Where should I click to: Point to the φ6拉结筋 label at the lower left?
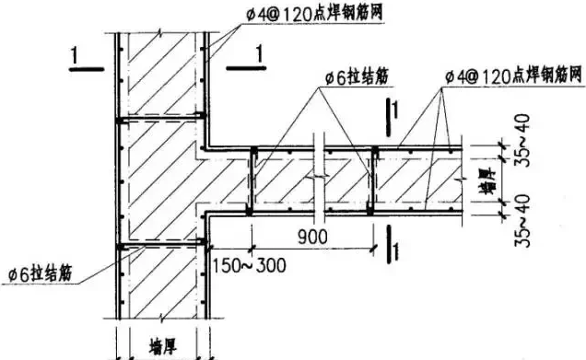coord(41,274)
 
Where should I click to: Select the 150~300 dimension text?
coord(250,267)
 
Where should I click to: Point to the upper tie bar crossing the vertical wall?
coord(160,119)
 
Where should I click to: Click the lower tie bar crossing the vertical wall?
coord(160,245)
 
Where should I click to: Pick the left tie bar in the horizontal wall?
coord(252,180)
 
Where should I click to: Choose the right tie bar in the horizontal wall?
coord(373,180)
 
